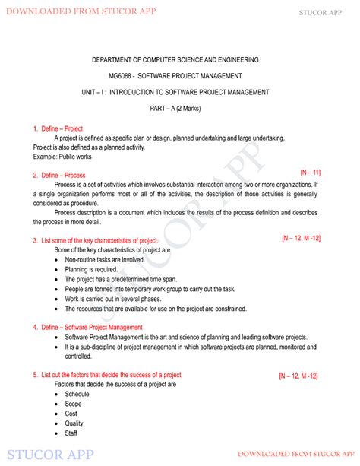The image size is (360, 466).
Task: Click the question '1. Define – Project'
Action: tap(58, 128)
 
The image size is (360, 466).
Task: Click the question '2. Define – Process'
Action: tap(58, 175)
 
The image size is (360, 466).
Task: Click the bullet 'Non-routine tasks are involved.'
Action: tap(104, 259)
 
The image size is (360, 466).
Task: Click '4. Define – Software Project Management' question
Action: tap(87, 328)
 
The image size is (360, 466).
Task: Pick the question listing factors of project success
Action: tap(107, 376)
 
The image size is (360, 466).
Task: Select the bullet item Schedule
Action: tap(77, 395)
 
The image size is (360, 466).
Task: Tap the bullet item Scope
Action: tap(74, 404)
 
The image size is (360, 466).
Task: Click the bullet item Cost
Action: tap(72, 414)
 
